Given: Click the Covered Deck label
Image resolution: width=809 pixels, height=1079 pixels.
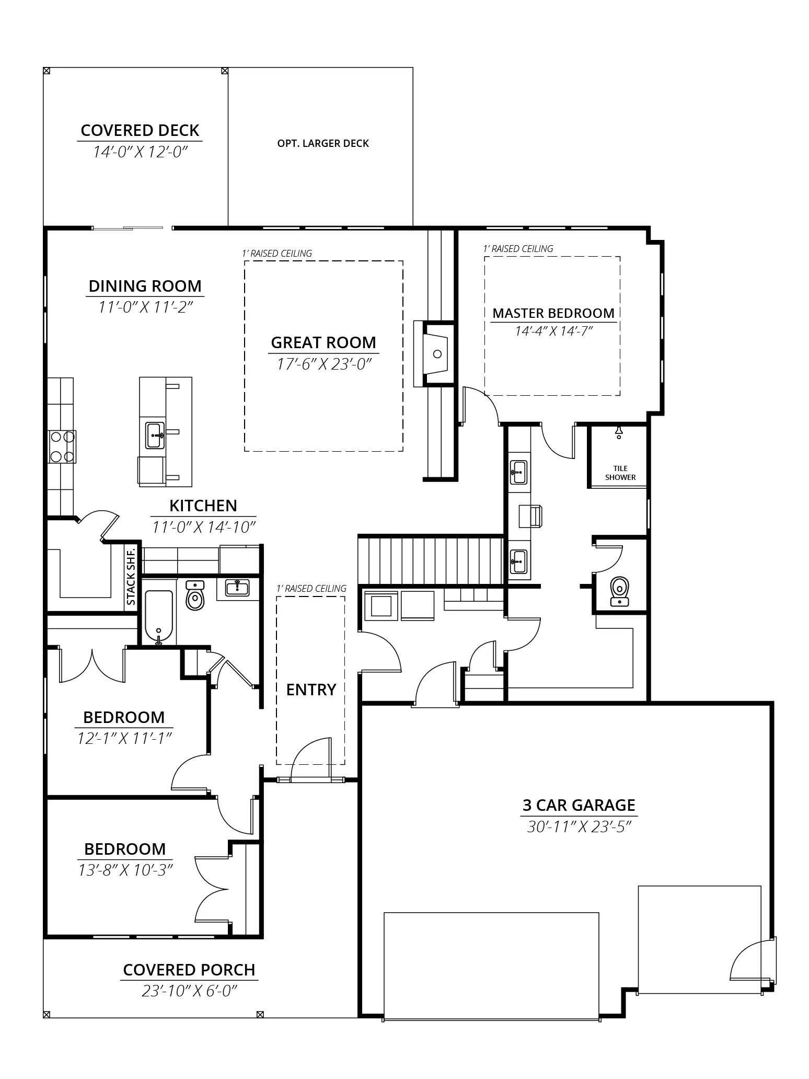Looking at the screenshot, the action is coord(140,130).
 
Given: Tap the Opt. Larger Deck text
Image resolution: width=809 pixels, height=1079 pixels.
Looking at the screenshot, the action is coord(323,143).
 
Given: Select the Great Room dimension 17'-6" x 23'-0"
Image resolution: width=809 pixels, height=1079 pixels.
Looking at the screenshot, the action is coord(323,364).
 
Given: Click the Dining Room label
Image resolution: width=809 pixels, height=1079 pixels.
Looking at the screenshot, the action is coord(145,286).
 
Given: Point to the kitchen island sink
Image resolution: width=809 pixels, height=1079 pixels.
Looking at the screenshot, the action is coord(155,435).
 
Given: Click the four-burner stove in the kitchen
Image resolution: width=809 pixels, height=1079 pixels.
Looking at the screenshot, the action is coord(62,446).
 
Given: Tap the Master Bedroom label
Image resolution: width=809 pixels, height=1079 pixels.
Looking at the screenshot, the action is coord(553,313).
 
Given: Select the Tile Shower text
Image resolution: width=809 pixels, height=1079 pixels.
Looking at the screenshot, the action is coord(620,473).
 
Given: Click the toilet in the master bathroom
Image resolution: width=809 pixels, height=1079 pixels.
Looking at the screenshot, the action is coord(620,591).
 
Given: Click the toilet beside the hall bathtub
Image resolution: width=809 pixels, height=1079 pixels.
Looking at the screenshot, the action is coord(195,596).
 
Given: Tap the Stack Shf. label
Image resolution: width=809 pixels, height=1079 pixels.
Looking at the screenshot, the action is coord(131,576).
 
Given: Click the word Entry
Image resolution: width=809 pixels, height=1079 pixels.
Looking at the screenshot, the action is coord(311,690).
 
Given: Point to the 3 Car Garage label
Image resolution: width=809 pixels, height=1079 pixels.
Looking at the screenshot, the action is coord(579,805).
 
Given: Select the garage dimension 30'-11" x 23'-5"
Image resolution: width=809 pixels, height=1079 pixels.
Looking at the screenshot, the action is coord(579,827).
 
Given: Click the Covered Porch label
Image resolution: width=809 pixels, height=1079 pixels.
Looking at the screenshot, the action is coord(189,970).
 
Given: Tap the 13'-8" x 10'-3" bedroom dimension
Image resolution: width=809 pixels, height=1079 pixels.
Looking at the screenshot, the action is coord(125,870).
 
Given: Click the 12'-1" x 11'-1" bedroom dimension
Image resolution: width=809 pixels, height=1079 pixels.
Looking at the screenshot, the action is coord(124,738).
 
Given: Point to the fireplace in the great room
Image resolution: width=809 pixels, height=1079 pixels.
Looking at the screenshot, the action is coord(433,354).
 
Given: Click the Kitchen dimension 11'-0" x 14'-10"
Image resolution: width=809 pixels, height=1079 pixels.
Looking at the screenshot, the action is coord(204,526).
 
